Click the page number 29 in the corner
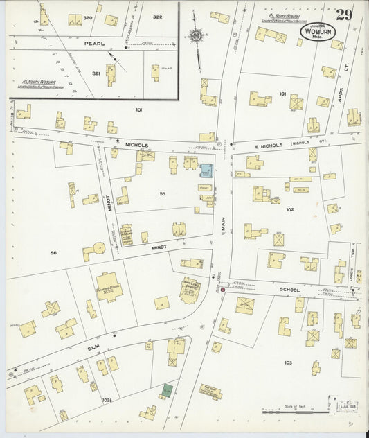pyautogui.click(x=344, y=15)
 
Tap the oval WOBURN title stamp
pyautogui.click(x=316, y=32)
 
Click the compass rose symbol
pyautogui.click(x=196, y=36)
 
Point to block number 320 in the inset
pyautogui.click(x=87, y=17)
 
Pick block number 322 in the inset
pyautogui.click(x=157, y=17)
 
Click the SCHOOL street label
pyautogui.click(x=289, y=289)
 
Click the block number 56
pyautogui.click(x=53, y=253)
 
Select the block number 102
pyautogui.click(x=289, y=209)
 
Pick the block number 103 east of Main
pyautogui.click(x=288, y=362)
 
